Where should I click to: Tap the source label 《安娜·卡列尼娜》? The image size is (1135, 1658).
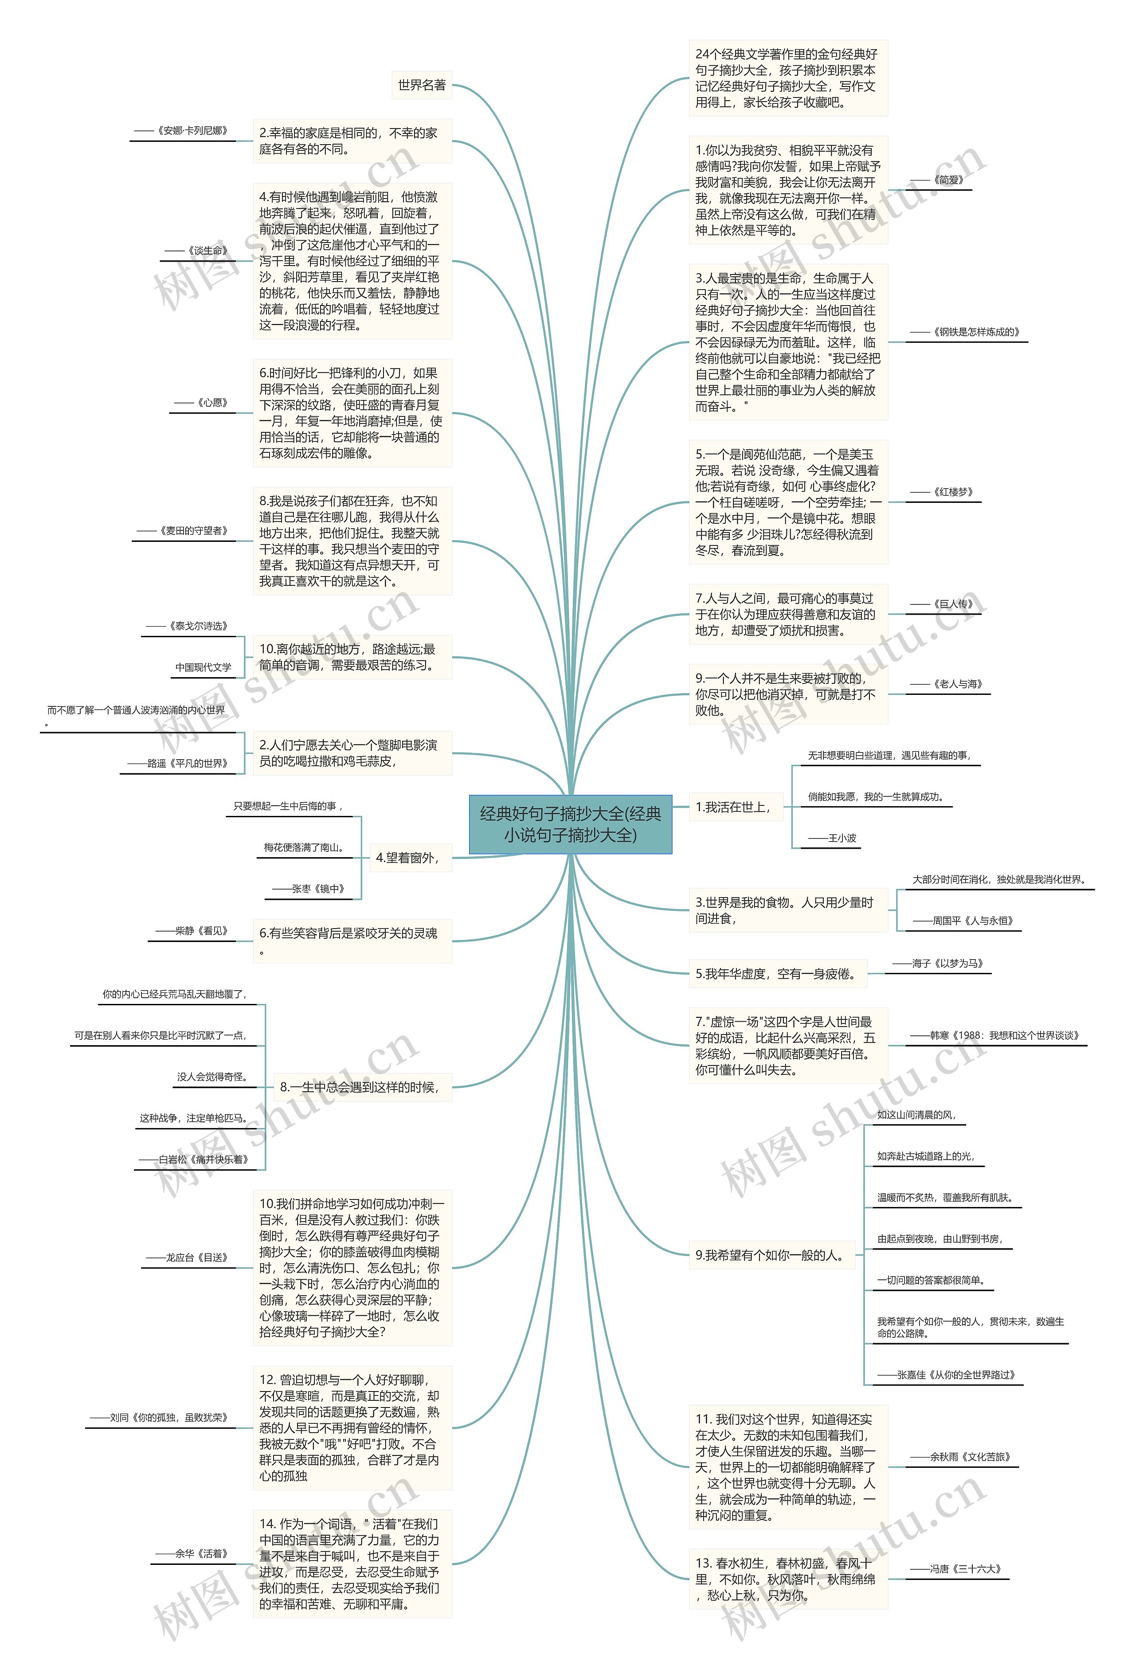coord(183,131)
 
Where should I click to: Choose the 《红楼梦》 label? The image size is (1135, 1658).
coord(944,492)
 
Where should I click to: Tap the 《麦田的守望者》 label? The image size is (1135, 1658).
coord(184,531)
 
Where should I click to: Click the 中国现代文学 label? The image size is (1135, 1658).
coord(204,667)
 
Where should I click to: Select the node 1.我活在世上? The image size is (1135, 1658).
coord(732,807)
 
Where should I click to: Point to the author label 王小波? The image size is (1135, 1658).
coord(833,838)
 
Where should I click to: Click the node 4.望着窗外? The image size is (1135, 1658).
coord(407,858)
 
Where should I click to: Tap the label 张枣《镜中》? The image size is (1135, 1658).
coord(309,889)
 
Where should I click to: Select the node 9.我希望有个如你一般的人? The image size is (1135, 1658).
coord(770,1255)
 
